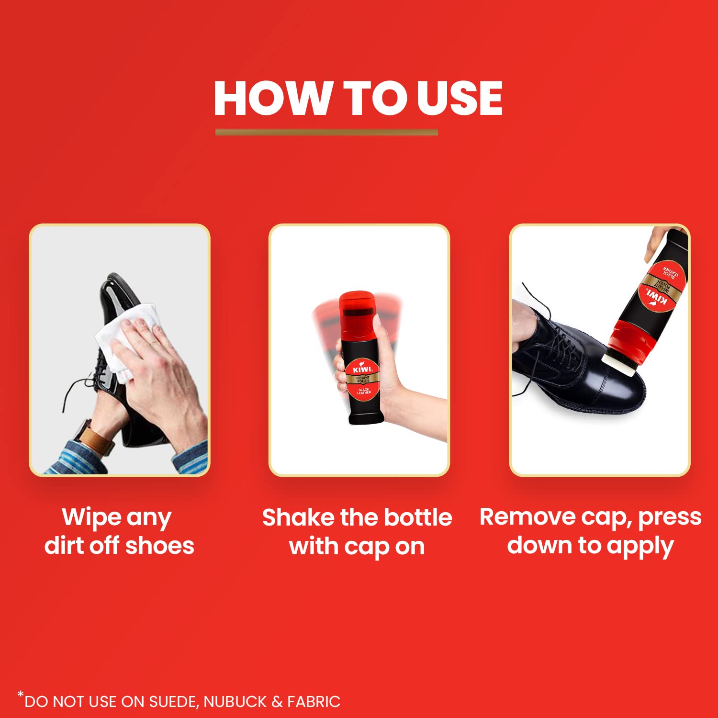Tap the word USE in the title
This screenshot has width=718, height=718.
(460, 98)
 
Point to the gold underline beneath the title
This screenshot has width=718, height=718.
(326, 132)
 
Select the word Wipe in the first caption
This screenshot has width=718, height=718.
(91, 518)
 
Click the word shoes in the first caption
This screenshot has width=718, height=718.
(159, 546)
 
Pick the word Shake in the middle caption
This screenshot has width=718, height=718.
(298, 517)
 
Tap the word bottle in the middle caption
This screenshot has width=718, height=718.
(418, 517)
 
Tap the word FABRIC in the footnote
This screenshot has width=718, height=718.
(314, 702)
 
